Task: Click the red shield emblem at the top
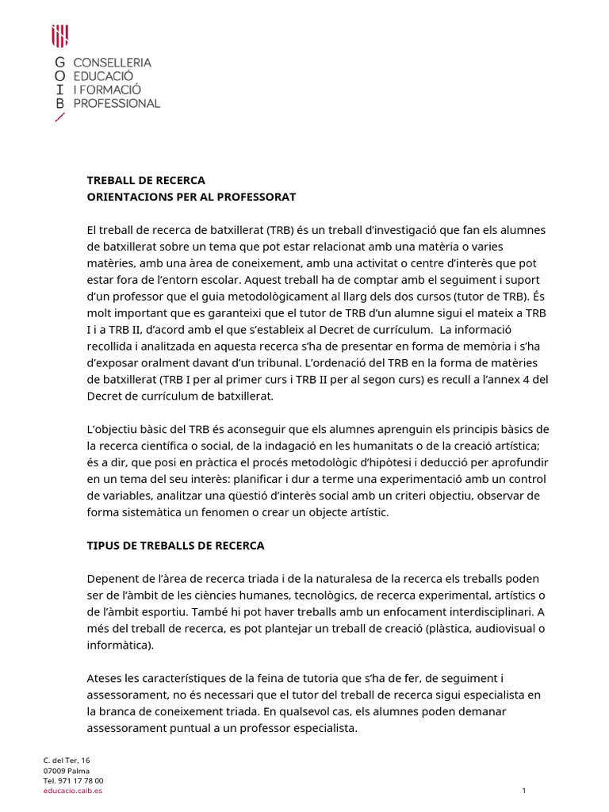[59, 36]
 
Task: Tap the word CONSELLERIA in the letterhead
[112, 62]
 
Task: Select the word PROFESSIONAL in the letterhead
[117, 103]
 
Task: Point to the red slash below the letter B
[59, 118]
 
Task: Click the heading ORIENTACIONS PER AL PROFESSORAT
[191, 196]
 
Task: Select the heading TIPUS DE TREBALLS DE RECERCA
[175, 546]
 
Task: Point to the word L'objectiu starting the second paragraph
[116, 429]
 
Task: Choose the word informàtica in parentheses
[120, 645]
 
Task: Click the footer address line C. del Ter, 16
[67, 760]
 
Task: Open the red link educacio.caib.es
[72, 791]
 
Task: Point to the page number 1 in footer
[524, 791]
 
